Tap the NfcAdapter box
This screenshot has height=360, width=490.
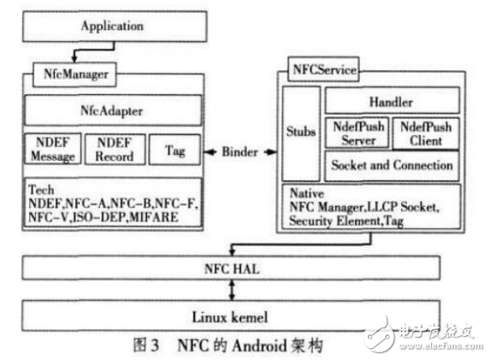[112, 109]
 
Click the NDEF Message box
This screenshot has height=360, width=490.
[50, 150]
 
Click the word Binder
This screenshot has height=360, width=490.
[240, 151]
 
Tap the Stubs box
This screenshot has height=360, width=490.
[300, 133]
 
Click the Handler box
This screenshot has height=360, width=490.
[390, 101]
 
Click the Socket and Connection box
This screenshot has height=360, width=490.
[390, 164]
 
